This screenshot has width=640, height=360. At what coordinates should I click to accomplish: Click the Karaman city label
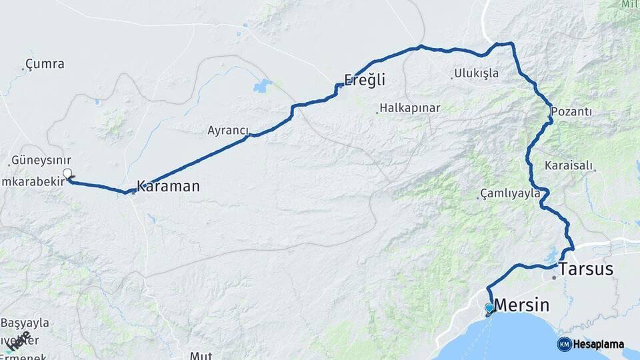(168, 186)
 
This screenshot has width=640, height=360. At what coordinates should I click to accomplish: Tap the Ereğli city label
(364, 81)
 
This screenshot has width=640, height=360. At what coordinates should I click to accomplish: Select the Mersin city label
(522, 306)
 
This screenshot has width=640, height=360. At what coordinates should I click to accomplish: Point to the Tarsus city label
(586, 269)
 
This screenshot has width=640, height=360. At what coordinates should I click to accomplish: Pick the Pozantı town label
(571, 111)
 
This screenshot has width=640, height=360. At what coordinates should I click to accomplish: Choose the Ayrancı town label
(227, 131)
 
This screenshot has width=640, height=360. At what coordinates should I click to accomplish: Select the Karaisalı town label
(569, 165)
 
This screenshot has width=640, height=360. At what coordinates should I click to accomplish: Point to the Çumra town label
(45, 65)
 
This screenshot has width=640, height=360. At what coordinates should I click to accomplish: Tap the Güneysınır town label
(41, 161)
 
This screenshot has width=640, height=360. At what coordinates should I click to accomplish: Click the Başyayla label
(25, 323)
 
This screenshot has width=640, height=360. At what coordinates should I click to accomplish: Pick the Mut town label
(201, 355)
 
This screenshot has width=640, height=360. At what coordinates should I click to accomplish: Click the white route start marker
(67, 174)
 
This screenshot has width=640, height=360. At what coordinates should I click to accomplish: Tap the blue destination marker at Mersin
(489, 307)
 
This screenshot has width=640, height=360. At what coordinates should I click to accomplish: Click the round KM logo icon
(564, 344)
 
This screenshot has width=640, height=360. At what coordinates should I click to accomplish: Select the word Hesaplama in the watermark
(599, 345)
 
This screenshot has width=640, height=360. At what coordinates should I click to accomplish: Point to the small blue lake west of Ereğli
(263, 85)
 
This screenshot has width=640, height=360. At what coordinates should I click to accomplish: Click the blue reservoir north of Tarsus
(551, 255)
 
